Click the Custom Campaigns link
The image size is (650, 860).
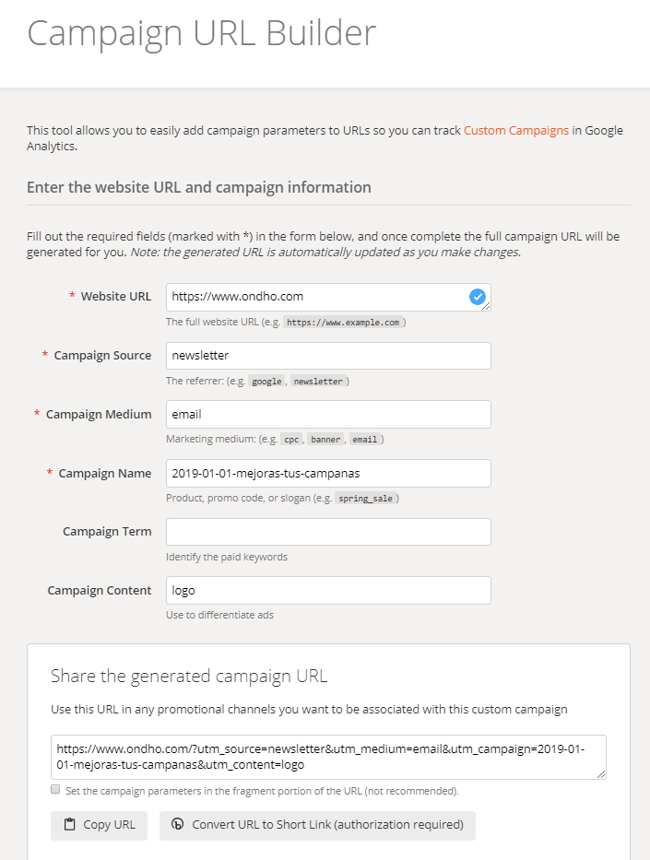tap(515, 130)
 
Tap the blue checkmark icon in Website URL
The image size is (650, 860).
tap(477, 297)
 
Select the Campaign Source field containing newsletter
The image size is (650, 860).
tap(327, 356)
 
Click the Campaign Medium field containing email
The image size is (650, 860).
tap(327, 415)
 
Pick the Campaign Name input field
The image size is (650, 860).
tap(327, 474)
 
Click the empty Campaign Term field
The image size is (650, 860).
tap(327, 532)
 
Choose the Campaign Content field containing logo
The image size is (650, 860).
tap(327, 591)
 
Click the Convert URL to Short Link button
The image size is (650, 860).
tap(317, 825)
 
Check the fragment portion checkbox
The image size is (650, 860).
tap(55, 790)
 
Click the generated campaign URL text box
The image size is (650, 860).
tap(327, 757)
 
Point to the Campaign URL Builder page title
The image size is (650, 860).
tap(201, 33)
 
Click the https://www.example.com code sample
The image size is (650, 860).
tap(342, 323)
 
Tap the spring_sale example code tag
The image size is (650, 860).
tap(365, 499)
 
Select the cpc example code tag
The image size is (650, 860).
tap(291, 440)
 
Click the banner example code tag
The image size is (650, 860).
tap(326, 440)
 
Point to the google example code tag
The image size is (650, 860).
tap(266, 382)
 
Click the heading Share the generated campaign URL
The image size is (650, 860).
tap(189, 677)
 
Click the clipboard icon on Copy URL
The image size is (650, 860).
tap(70, 825)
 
